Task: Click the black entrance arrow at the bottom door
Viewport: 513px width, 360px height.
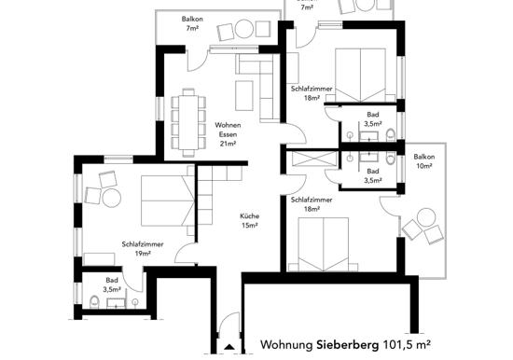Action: tap(229, 347)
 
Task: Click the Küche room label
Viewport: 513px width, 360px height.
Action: tap(250, 216)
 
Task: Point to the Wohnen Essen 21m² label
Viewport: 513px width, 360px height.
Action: tap(228, 134)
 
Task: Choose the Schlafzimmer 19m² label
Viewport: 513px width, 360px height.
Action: tap(143, 249)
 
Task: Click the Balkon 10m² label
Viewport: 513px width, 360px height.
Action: tap(424, 161)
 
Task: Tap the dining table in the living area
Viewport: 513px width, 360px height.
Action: tap(187, 122)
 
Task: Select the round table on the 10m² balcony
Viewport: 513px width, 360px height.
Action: tap(426, 217)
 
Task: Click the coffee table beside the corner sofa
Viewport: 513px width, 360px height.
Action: tap(244, 95)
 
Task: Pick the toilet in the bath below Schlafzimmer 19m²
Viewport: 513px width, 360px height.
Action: tap(94, 302)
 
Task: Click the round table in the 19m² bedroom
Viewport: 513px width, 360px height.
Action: tap(112, 198)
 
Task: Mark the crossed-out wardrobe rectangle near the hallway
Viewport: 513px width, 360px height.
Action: tap(314, 159)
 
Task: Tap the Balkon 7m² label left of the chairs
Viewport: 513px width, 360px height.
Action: tap(192, 23)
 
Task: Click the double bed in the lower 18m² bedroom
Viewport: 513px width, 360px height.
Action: tap(324, 244)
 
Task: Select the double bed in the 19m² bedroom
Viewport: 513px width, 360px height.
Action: tap(168, 201)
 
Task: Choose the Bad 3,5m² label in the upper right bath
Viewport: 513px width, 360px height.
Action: tap(373, 119)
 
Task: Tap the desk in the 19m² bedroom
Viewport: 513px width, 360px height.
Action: tap(99, 259)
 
